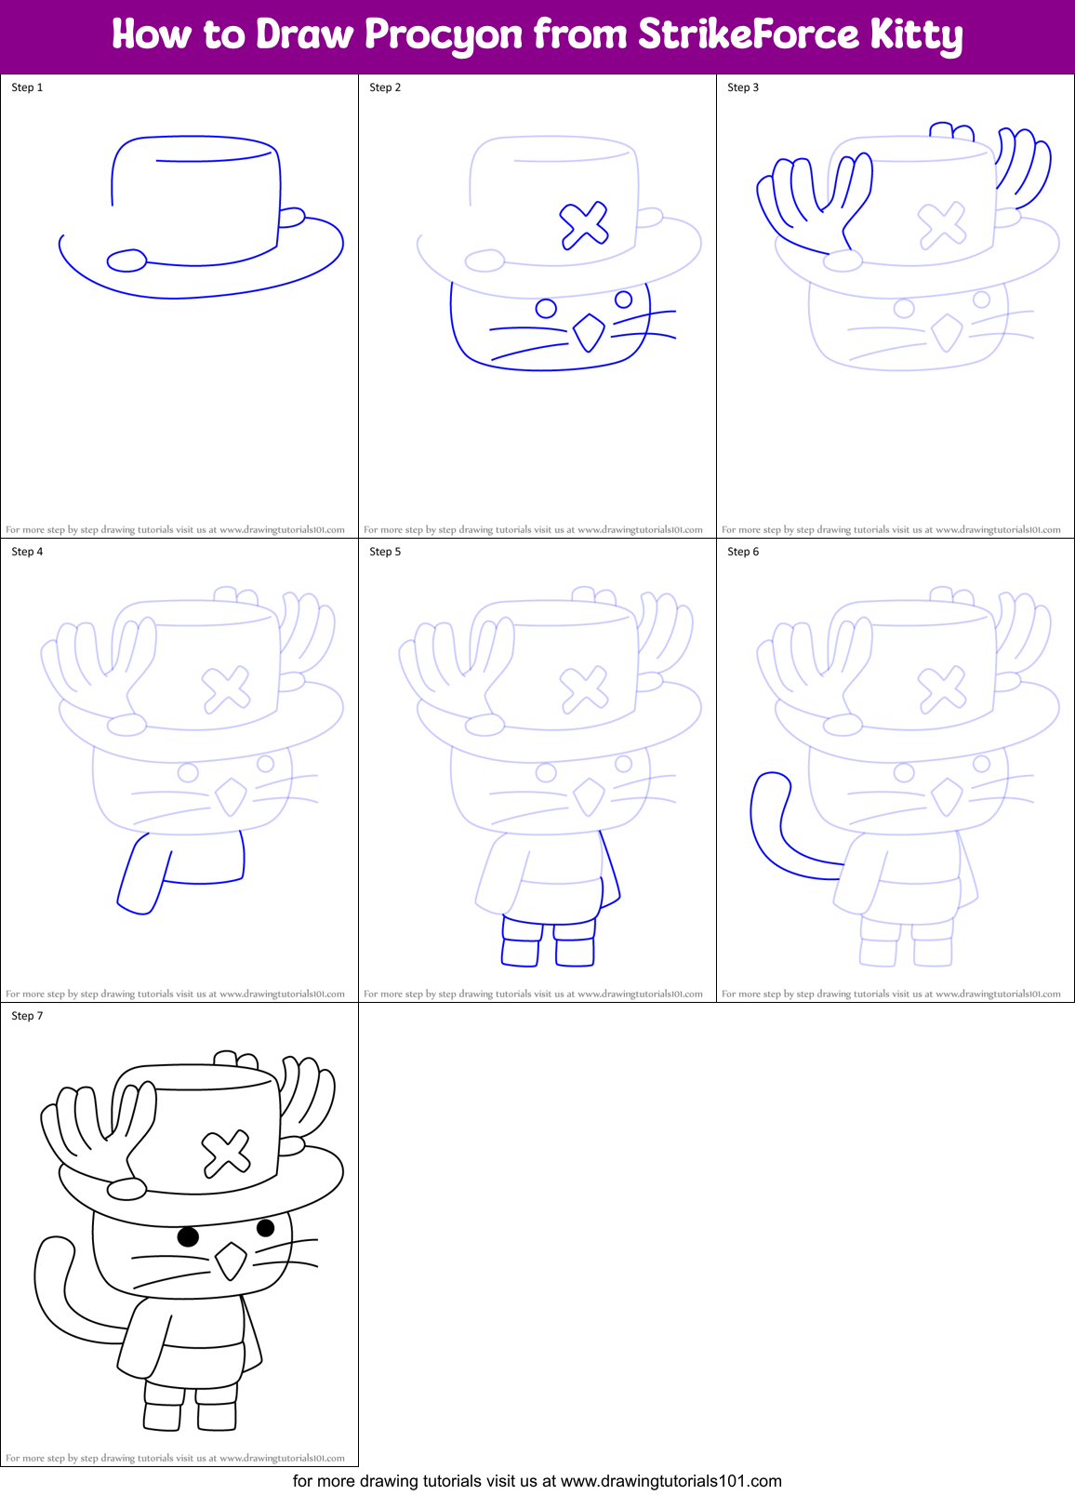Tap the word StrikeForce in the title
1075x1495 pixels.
[x=749, y=34]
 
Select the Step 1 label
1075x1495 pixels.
[x=27, y=87]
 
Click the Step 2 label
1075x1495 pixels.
[x=385, y=87]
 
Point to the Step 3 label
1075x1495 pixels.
[x=743, y=87]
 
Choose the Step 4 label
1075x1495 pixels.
[x=27, y=552]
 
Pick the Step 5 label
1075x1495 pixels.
[x=385, y=552]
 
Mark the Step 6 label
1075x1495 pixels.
[x=743, y=552]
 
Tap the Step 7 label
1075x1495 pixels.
[x=27, y=1016]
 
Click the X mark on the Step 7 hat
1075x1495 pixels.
[x=226, y=1153]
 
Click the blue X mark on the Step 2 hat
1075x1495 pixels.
[x=584, y=225]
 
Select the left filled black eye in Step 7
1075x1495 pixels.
[x=188, y=1236]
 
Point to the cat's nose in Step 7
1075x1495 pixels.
[x=231, y=1261]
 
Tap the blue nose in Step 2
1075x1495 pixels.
[x=588, y=332]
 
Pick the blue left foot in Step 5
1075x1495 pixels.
[x=520, y=952]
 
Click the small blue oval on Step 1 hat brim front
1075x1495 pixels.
[x=127, y=260]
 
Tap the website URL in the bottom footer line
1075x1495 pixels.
[x=670, y=1481]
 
